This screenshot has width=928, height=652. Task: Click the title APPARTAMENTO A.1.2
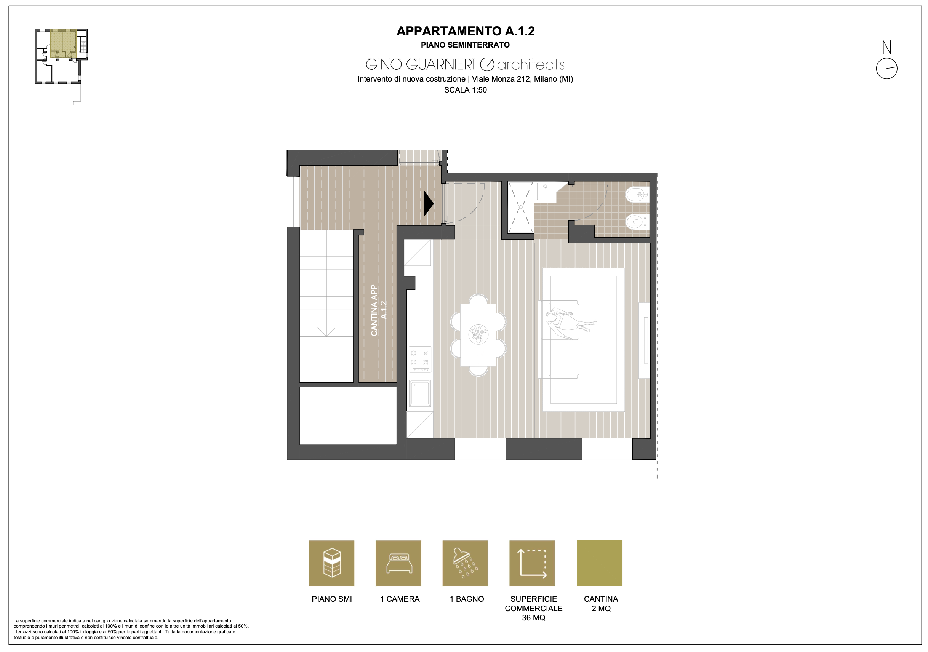465,31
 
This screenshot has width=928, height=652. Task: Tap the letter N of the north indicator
886,47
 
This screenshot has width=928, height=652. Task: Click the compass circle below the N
887,69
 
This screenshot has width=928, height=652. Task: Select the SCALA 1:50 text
465,90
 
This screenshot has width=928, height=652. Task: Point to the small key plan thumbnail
61,67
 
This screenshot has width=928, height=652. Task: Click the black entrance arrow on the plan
429,203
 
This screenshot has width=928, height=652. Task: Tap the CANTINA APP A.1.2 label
379,310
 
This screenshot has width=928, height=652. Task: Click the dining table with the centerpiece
478,335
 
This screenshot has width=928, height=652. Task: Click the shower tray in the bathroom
521,207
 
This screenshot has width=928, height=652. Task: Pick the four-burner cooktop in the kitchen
420,359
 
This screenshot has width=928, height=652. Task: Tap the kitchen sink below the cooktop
420,393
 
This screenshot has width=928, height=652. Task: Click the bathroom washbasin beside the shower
545,191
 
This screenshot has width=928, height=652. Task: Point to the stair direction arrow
326,332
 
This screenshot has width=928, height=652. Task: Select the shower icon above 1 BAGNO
465,563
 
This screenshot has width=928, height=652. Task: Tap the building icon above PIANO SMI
331,563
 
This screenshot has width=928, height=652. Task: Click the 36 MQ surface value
533,618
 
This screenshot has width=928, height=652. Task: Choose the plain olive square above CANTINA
599,563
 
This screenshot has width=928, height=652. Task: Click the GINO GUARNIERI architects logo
465,64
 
